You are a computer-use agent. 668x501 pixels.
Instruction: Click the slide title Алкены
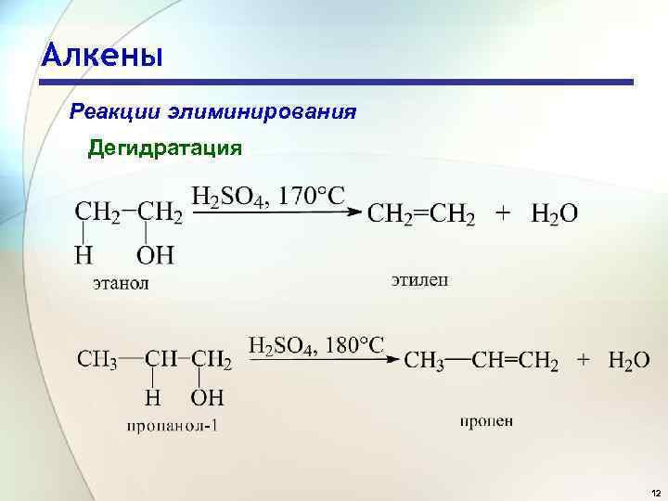coord(102,55)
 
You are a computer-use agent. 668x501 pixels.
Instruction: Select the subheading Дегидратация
coord(165,148)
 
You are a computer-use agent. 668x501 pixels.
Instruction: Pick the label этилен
coord(418,277)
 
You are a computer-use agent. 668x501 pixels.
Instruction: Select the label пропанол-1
coord(175,428)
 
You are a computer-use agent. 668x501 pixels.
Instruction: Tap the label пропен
coord(486,421)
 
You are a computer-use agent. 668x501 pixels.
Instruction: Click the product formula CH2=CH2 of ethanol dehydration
coord(422,214)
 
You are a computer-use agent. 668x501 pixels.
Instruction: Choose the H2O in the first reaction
coord(554,214)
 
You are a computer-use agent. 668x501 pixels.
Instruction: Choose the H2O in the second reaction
coord(628,361)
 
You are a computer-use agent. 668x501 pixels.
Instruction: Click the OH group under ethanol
coord(155,253)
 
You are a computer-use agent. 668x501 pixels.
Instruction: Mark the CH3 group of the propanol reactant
coord(96,359)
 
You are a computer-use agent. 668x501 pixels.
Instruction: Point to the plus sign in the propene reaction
coord(584,359)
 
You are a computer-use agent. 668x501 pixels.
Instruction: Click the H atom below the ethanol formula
coord(85,253)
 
